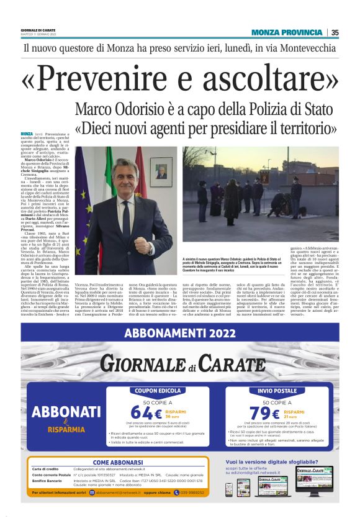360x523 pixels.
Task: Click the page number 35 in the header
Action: pyautogui.click(x=335, y=32)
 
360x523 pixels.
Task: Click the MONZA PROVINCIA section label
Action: pyautogui.click(x=287, y=32)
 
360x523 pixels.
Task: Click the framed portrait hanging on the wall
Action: pyautogui.click(x=161, y=170)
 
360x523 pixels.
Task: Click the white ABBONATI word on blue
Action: pyautogui.click(x=66, y=412)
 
